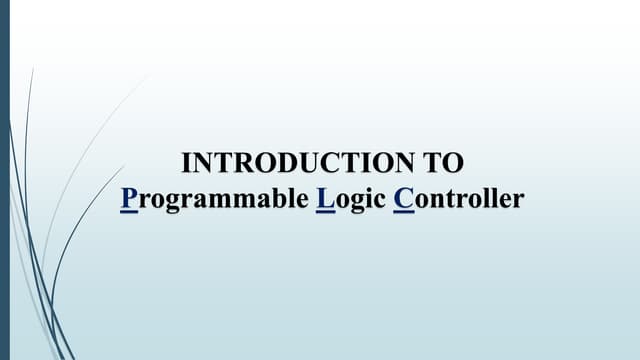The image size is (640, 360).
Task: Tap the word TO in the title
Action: click(446, 163)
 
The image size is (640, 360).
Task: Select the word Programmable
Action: click(213, 198)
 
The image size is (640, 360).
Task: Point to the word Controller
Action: click(458, 198)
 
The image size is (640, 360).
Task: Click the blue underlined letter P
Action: click(127, 198)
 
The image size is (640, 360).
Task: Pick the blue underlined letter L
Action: click(323, 198)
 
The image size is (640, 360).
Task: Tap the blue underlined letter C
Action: click(403, 198)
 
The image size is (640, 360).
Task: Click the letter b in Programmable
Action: click(274, 198)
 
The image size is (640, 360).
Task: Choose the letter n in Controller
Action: click(438, 199)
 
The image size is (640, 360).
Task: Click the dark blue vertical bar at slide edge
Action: click(4, 180)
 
